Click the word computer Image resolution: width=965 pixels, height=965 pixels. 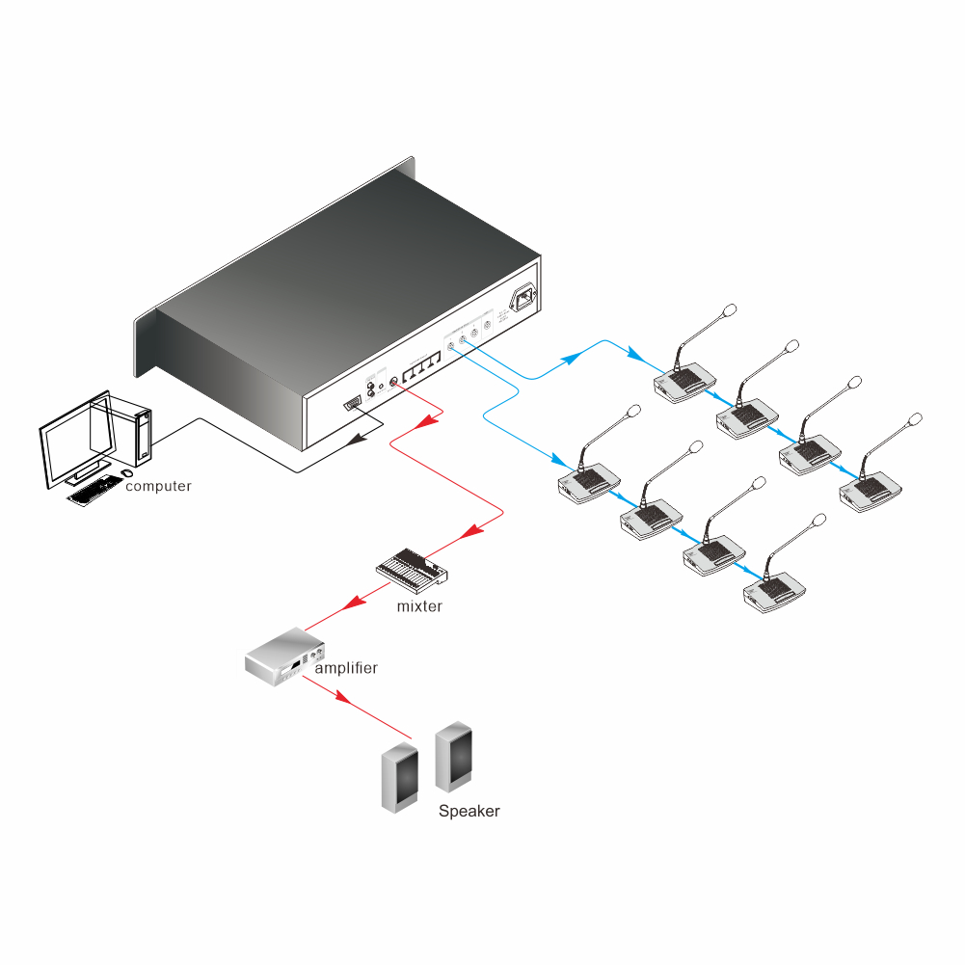click(x=159, y=486)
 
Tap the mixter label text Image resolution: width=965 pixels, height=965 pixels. click(x=419, y=606)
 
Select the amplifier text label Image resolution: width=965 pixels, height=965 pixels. click(x=346, y=667)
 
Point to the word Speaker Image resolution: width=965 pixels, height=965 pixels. click(x=469, y=811)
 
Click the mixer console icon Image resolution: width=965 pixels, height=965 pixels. click(x=412, y=571)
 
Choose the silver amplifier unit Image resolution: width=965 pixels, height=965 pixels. click(x=283, y=657)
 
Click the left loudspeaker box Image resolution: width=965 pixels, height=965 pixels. click(x=399, y=778)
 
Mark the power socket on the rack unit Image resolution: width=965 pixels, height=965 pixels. click(x=524, y=299)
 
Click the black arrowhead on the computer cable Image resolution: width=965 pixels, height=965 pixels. click(x=360, y=440)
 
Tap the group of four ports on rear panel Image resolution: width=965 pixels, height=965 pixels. click(x=420, y=367)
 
